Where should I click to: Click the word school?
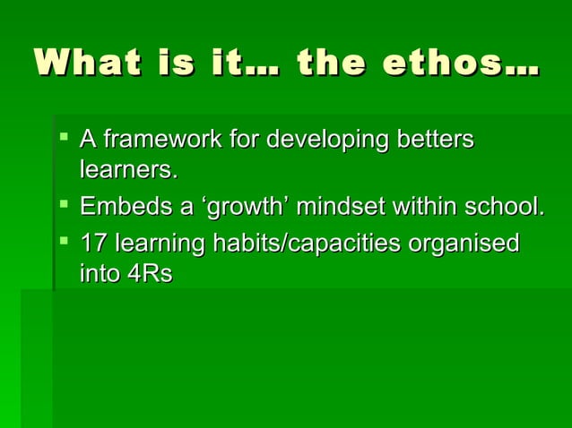pyautogui.click(x=503, y=208)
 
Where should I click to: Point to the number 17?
pyautogui.click(x=93, y=244)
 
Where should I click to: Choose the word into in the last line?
pyautogui.click(x=99, y=273)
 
